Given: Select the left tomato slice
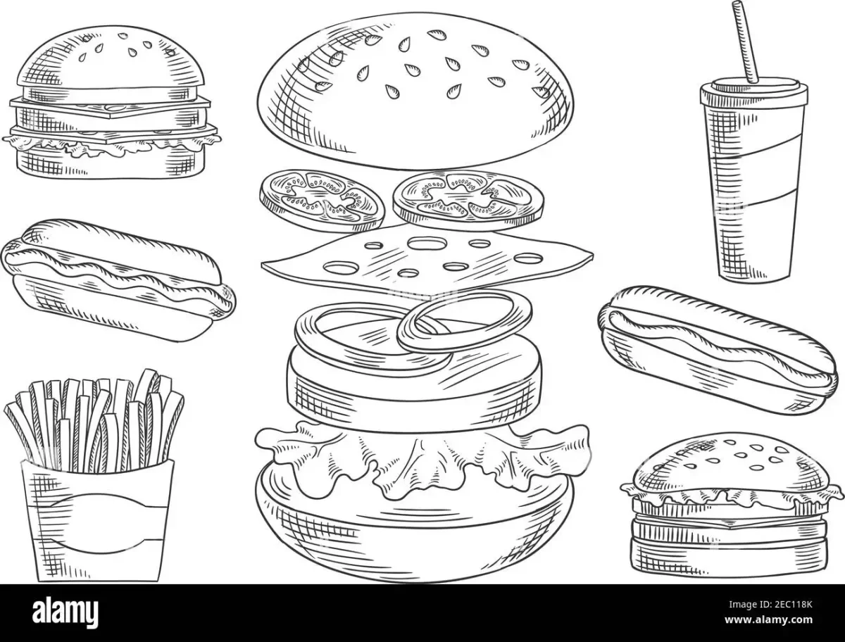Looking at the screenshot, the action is (323, 201).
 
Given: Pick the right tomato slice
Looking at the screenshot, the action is (468, 200).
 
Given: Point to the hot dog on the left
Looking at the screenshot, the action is (118, 280).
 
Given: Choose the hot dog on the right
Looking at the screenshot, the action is (718, 350).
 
